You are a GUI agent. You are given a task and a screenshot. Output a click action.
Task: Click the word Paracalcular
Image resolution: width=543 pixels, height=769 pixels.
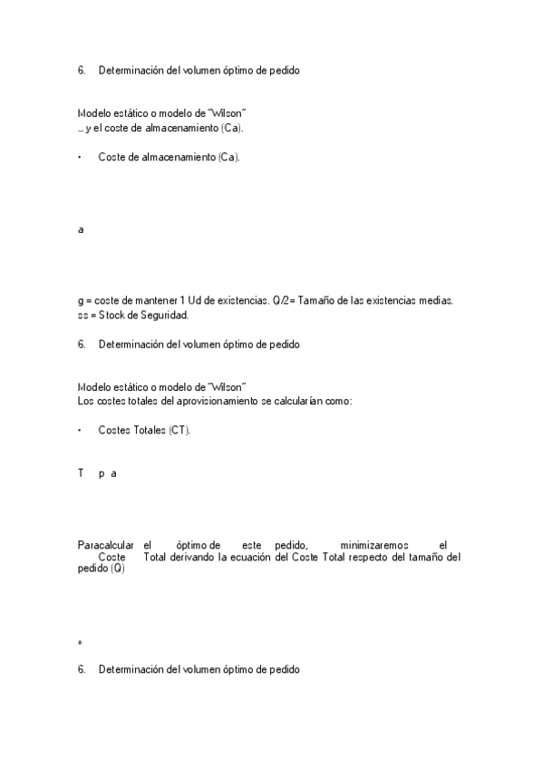pos(105,544)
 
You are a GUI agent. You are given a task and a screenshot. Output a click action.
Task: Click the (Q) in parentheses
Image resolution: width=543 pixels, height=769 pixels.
pos(118,569)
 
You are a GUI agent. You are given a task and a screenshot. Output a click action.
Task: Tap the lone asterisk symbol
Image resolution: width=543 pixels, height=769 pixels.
pos(81,643)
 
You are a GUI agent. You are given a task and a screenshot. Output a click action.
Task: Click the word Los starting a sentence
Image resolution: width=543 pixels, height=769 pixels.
pos(87,399)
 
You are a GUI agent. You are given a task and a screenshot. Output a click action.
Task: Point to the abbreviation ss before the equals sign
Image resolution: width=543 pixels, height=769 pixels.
pos(82,315)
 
